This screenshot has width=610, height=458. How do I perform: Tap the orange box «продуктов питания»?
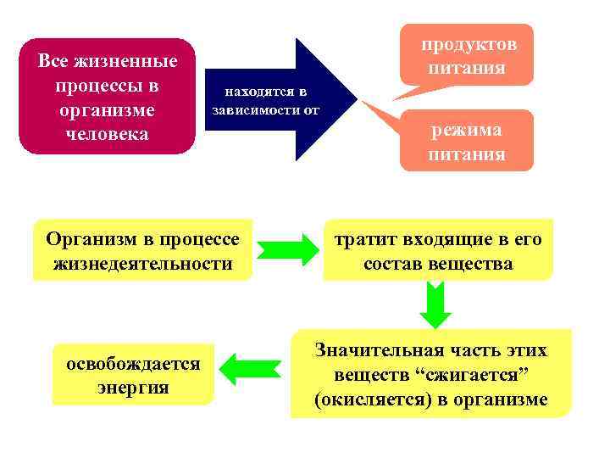[467, 56]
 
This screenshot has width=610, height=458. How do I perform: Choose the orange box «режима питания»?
[467, 142]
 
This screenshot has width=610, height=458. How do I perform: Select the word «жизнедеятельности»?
[142, 264]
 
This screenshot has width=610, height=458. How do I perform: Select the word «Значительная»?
[381, 350]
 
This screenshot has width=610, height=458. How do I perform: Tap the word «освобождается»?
[134, 363]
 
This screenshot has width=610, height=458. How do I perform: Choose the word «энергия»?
[134, 388]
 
